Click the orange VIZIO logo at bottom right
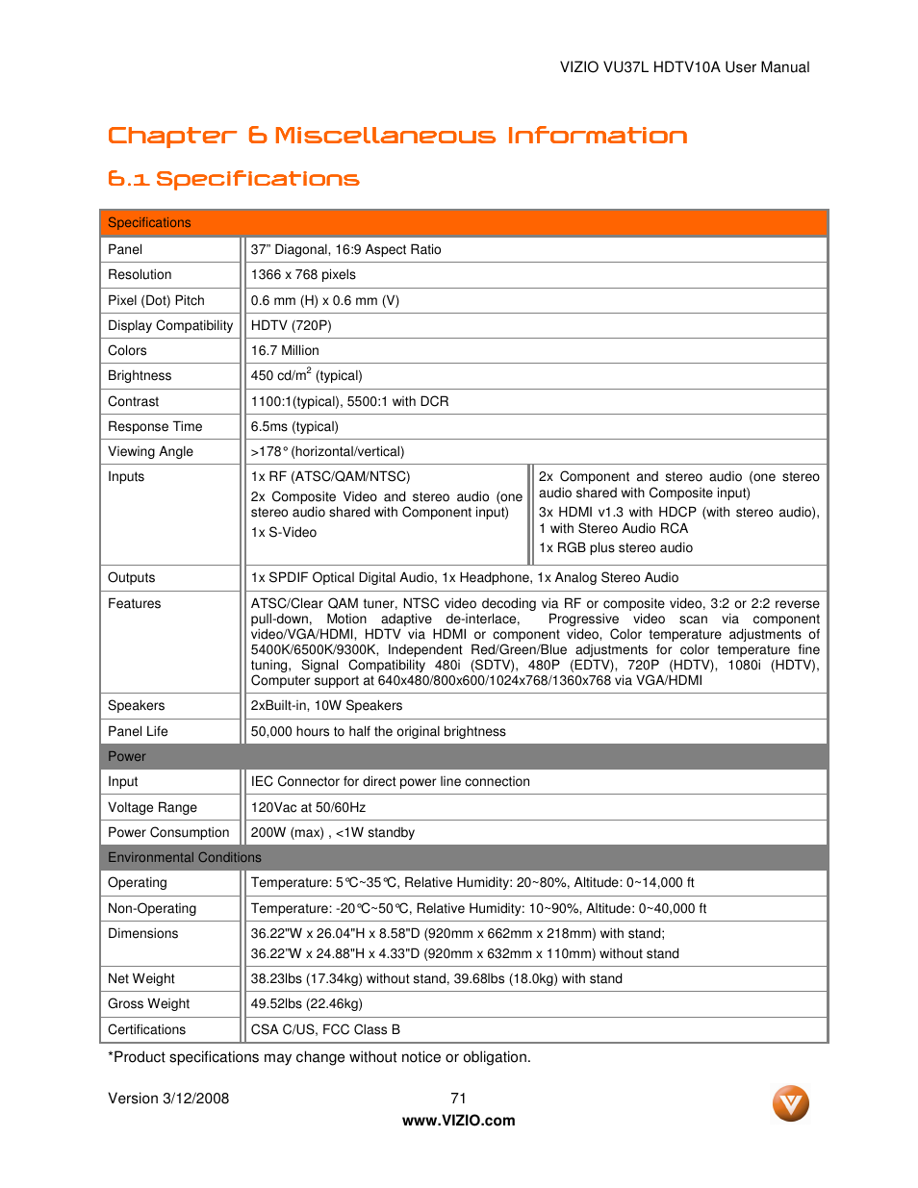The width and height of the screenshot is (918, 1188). [790, 1103]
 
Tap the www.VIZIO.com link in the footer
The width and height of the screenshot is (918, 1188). [458, 1121]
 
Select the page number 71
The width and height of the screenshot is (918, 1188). [458, 1099]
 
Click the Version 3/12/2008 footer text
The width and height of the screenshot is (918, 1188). [168, 1099]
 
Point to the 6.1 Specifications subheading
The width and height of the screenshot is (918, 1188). [233, 179]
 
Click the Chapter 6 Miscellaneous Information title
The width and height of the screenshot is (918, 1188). [397, 136]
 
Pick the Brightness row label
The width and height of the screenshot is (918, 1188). [140, 376]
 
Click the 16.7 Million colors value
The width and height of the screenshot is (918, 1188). [285, 351]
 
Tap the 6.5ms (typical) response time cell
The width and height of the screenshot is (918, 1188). [294, 427]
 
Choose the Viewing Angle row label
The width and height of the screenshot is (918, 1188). [150, 452]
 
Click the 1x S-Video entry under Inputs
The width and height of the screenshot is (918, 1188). [284, 533]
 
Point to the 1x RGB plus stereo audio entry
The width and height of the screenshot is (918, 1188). [616, 548]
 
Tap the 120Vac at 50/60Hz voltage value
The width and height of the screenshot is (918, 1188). [308, 808]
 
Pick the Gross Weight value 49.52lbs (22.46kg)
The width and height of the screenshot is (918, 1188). [307, 1004]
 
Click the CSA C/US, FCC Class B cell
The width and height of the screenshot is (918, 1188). [325, 1030]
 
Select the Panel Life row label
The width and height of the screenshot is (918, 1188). [138, 732]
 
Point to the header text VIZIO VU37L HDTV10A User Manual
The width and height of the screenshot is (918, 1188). [684, 67]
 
